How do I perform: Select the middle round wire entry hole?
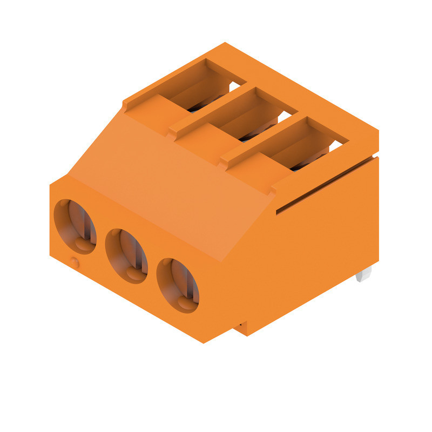tap(126, 255)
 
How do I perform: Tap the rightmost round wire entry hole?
tap(178, 285)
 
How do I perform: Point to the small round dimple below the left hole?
tap(75, 263)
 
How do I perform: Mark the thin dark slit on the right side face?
tap(324, 184)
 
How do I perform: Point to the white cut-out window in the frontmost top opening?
tap(336, 144)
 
